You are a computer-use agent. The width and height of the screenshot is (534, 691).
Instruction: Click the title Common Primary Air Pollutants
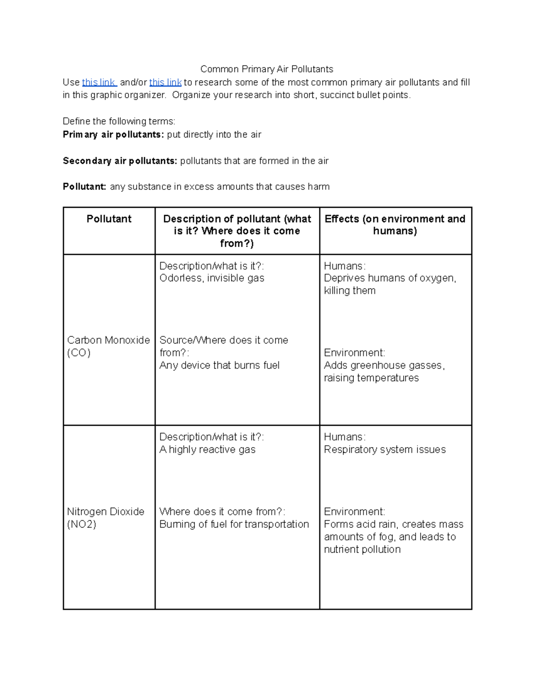(x=267, y=69)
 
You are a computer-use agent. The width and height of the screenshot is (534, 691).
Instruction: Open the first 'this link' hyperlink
(x=99, y=82)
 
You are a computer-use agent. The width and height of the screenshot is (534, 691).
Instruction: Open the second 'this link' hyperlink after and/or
(x=165, y=82)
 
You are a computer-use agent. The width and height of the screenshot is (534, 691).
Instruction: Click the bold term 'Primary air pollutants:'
(x=113, y=134)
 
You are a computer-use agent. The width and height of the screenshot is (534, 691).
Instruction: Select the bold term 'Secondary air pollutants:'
(x=120, y=161)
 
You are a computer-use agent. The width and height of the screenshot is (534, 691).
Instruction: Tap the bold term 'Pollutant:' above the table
(x=85, y=186)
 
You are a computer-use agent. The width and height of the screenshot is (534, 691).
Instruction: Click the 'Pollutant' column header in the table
(x=109, y=219)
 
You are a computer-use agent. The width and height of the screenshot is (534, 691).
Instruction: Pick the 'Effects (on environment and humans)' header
(x=395, y=225)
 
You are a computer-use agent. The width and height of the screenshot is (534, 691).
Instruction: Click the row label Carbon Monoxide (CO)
(x=108, y=346)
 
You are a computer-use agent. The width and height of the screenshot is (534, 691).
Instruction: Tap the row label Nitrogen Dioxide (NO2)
(x=105, y=517)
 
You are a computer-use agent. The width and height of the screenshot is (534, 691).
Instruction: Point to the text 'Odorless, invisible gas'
(x=212, y=278)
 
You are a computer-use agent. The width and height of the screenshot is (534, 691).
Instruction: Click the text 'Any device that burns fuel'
(x=219, y=365)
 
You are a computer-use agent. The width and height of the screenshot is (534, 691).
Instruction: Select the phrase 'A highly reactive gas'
(x=207, y=449)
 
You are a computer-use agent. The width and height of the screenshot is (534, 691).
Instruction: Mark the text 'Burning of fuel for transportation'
(x=234, y=524)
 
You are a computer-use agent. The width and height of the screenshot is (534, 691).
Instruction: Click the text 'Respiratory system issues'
(x=384, y=449)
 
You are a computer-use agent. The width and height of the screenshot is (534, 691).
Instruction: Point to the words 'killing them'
(x=350, y=291)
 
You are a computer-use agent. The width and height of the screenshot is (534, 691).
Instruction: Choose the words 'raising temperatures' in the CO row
(x=371, y=378)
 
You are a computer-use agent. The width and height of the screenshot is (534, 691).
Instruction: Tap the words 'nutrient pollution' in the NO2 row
(x=362, y=549)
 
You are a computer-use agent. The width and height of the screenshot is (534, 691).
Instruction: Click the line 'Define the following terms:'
(x=119, y=121)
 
